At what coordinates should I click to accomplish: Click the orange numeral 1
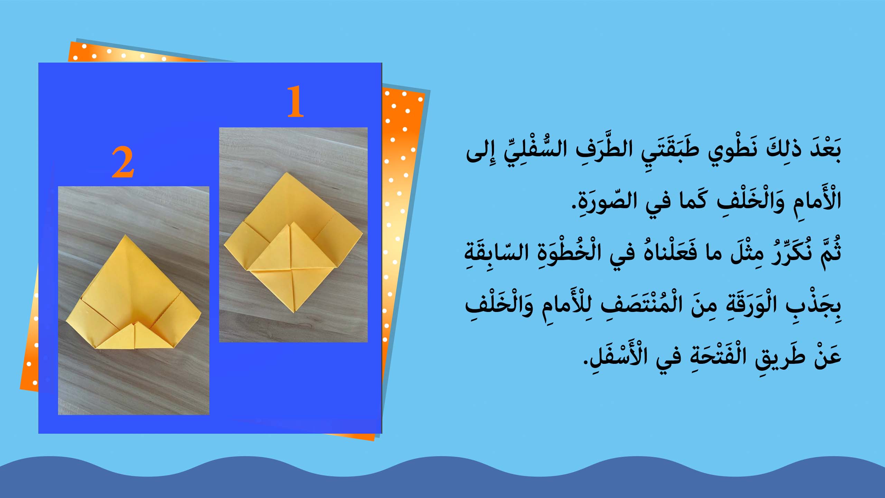(295, 102)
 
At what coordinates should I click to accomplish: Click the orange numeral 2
(123, 163)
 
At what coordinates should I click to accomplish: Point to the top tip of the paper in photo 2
(125, 236)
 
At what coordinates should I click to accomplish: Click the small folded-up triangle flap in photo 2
(134, 334)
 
